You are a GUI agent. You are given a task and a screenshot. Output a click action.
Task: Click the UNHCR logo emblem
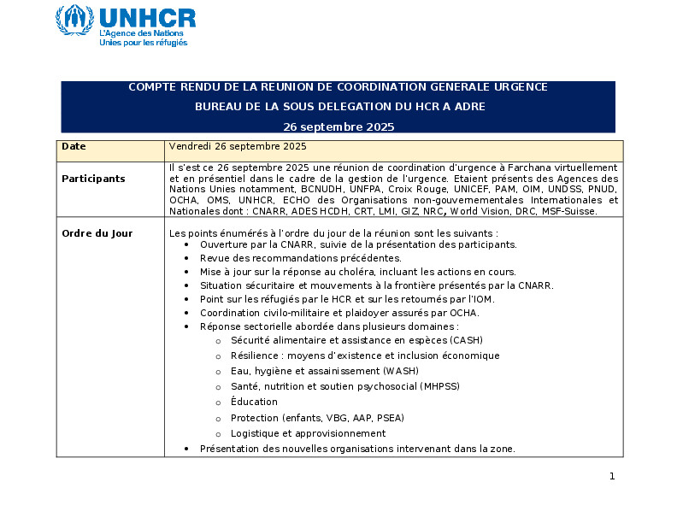click(74, 20)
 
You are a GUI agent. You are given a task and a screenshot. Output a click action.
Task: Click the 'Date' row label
click(74, 147)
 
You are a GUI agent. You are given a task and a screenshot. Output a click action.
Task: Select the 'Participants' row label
click(93, 179)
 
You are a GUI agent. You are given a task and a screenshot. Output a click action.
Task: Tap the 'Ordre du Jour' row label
click(97, 233)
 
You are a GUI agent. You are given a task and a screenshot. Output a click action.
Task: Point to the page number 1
click(612, 476)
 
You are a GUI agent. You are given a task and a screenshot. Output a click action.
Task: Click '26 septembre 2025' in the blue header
click(338, 126)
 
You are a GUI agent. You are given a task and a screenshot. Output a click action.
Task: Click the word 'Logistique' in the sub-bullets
click(256, 433)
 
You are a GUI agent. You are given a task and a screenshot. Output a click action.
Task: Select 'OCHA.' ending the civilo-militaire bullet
click(366, 313)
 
